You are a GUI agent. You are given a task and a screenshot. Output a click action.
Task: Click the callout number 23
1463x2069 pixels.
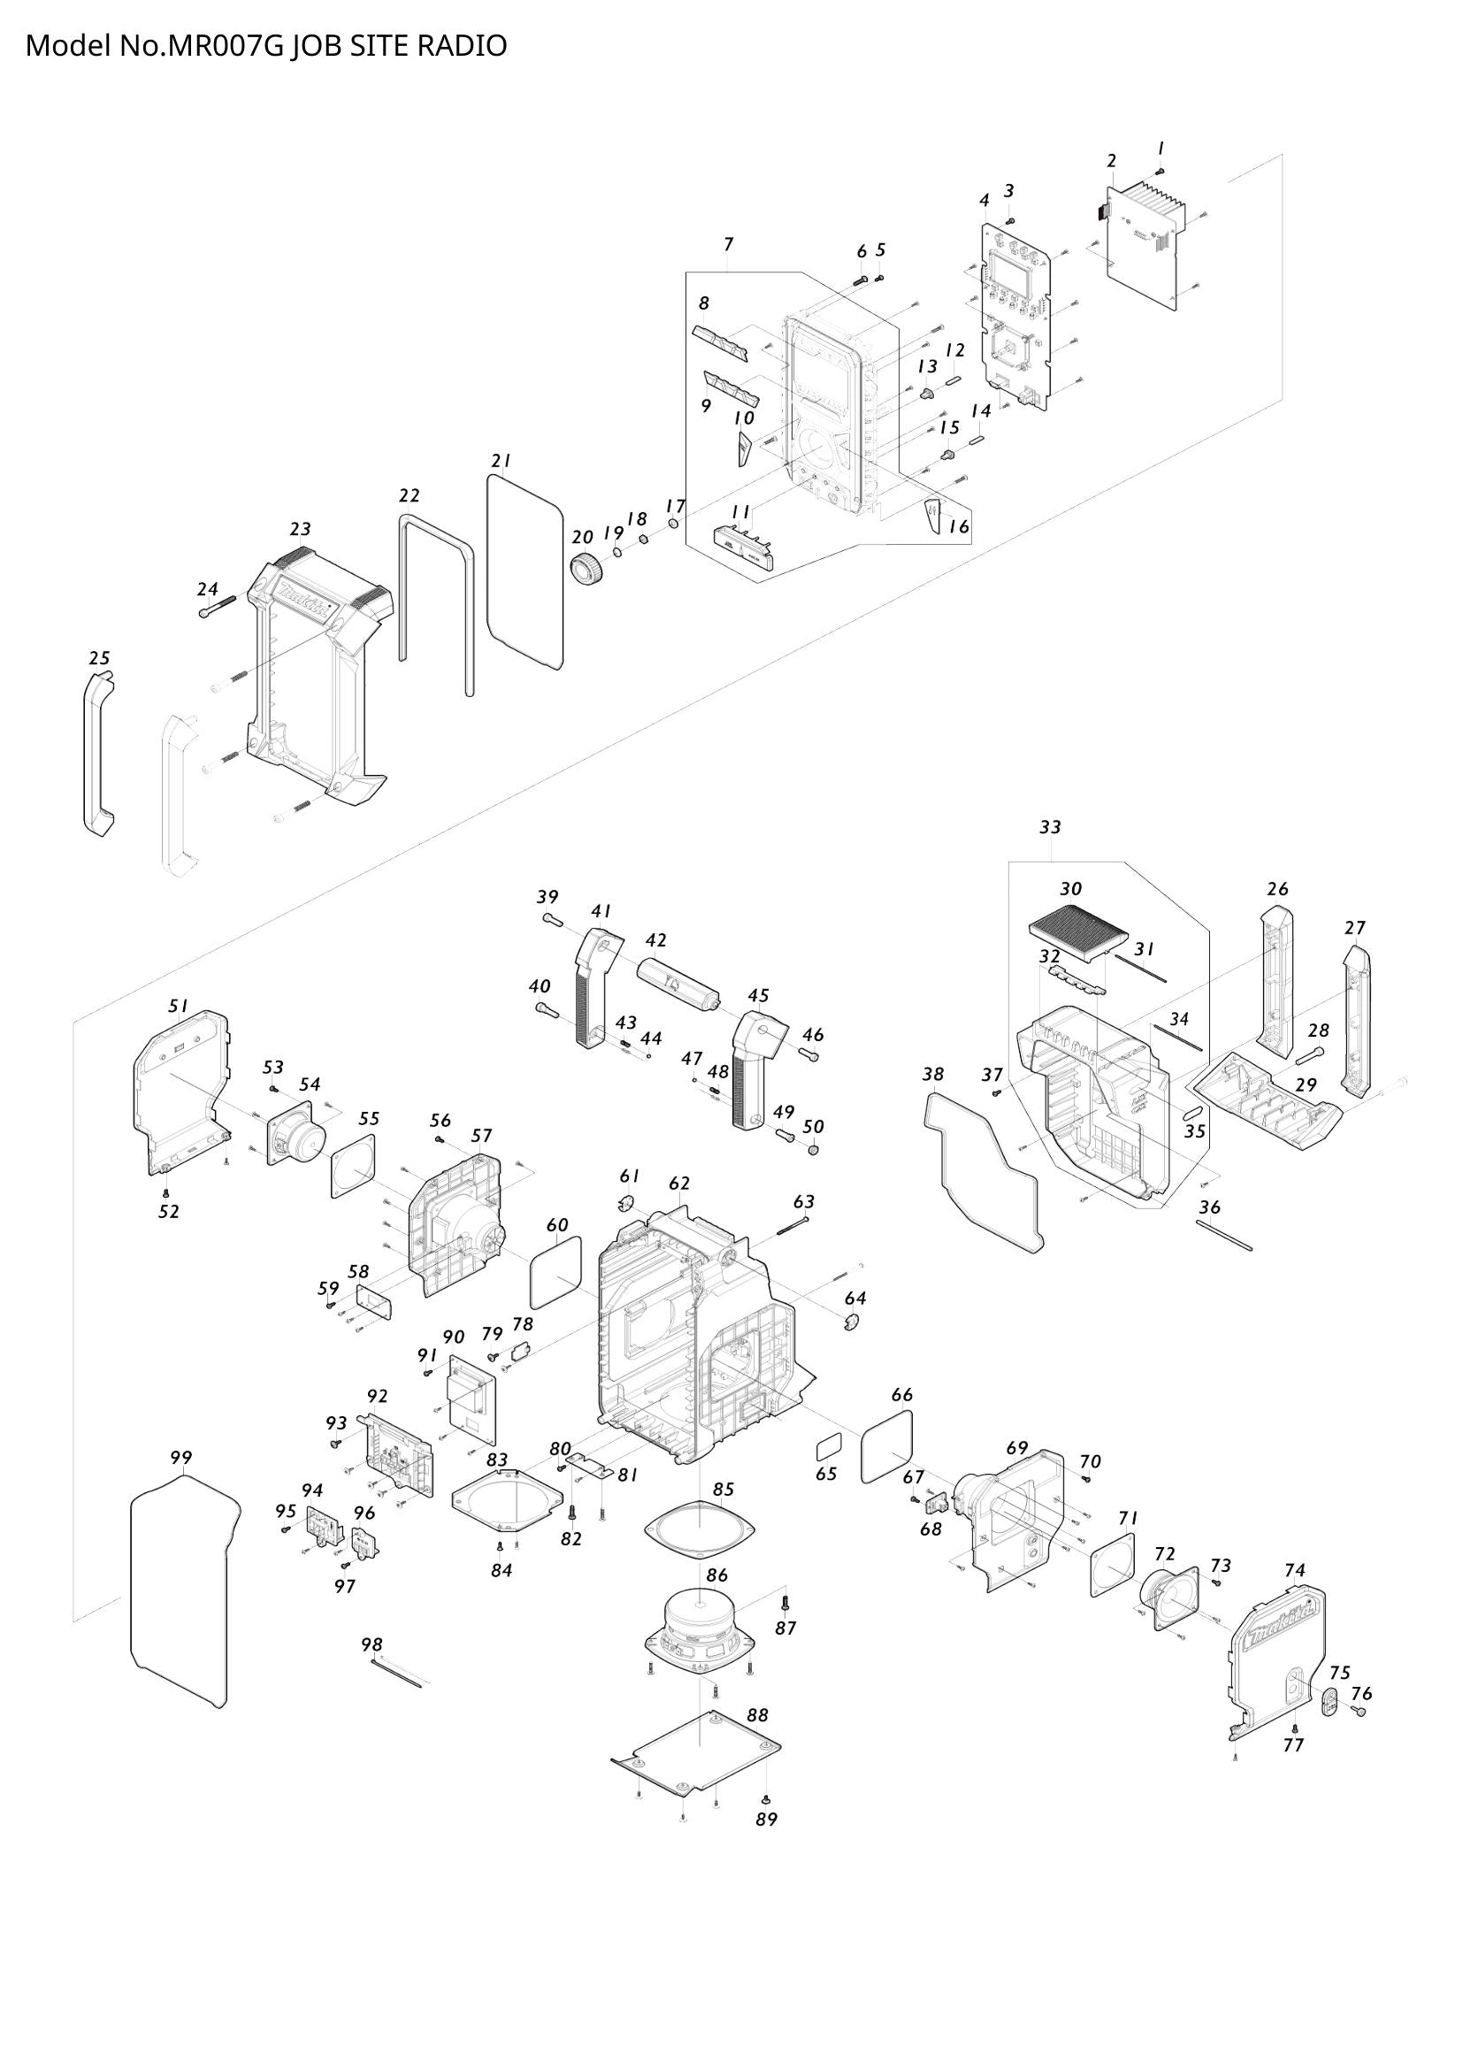pos(300,529)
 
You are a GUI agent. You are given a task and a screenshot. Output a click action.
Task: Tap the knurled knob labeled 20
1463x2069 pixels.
pos(587,570)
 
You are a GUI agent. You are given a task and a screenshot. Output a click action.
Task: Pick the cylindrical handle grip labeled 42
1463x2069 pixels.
pos(676,985)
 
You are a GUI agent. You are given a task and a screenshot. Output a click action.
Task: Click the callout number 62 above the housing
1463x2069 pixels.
pos(679,1184)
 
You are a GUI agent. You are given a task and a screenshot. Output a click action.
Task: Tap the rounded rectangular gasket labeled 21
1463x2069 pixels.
pos(525,571)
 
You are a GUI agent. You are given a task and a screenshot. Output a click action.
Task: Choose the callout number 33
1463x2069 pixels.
pos(1050,826)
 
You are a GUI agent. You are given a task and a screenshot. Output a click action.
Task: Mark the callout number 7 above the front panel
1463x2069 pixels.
pos(728,244)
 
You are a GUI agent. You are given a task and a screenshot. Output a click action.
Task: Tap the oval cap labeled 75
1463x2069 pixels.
pos(1329,1702)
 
